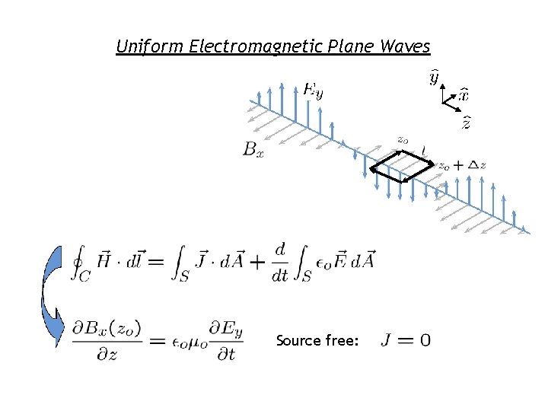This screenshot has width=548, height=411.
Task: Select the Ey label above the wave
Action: pos(313,91)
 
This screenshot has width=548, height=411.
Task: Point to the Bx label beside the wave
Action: pos(253,150)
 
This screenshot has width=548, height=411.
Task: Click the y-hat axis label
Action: pos(434,78)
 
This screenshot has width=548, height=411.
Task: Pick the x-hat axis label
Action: pos(463,95)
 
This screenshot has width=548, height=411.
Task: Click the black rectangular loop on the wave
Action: pos(399,165)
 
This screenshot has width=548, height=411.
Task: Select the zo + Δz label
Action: pos(461,165)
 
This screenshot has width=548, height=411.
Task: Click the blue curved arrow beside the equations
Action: pos(52,297)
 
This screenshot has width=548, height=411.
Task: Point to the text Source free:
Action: pos(317,340)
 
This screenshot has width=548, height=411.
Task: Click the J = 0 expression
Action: pos(404,339)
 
